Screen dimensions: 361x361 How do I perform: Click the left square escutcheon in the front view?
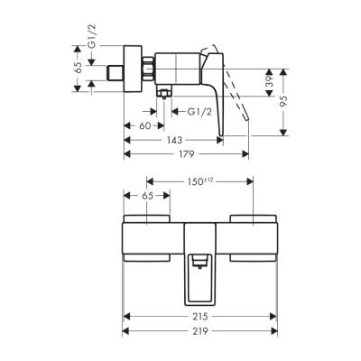tap(145, 236)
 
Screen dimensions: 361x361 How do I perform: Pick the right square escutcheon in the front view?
tap(252, 236)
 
